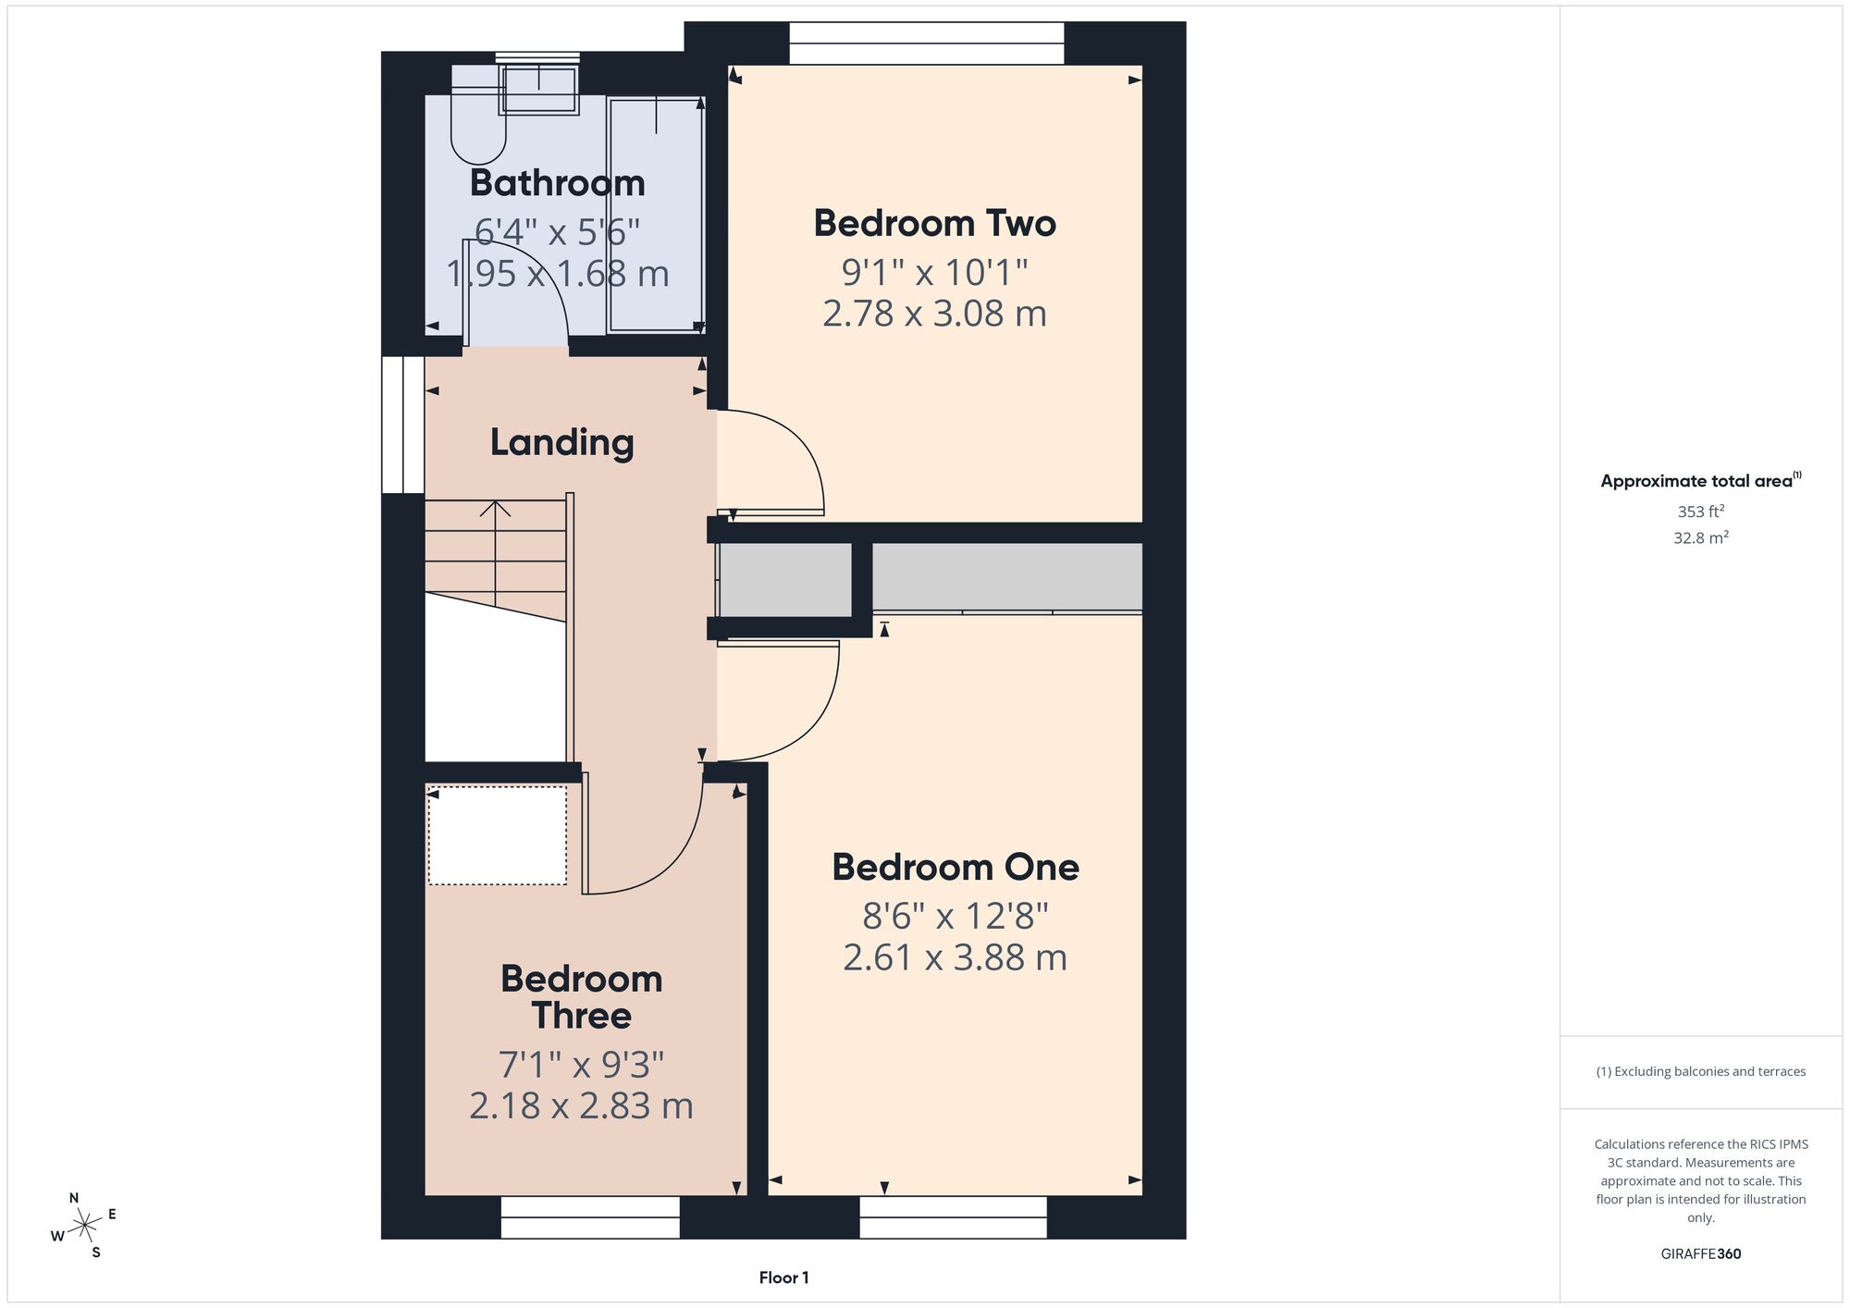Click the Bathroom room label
pos(557,183)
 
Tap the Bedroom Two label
pos(934,223)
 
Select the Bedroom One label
pos(956,867)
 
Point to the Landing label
pos(561,443)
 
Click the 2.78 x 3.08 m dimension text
pos(934,314)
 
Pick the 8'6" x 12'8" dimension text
pos(956,916)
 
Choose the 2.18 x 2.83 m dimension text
pos(581,1105)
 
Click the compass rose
pos(85,1226)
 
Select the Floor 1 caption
pos(783,1277)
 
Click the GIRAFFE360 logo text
pos(1701,1254)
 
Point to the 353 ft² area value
pos(1701,511)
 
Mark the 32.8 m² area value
pos(1701,537)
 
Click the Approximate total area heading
pos(1701,480)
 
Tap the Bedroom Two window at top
pos(927,43)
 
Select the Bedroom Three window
pos(590,1217)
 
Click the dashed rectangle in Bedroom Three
pos(498,835)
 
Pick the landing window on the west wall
pos(403,425)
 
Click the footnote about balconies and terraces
pos(1701,1071)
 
